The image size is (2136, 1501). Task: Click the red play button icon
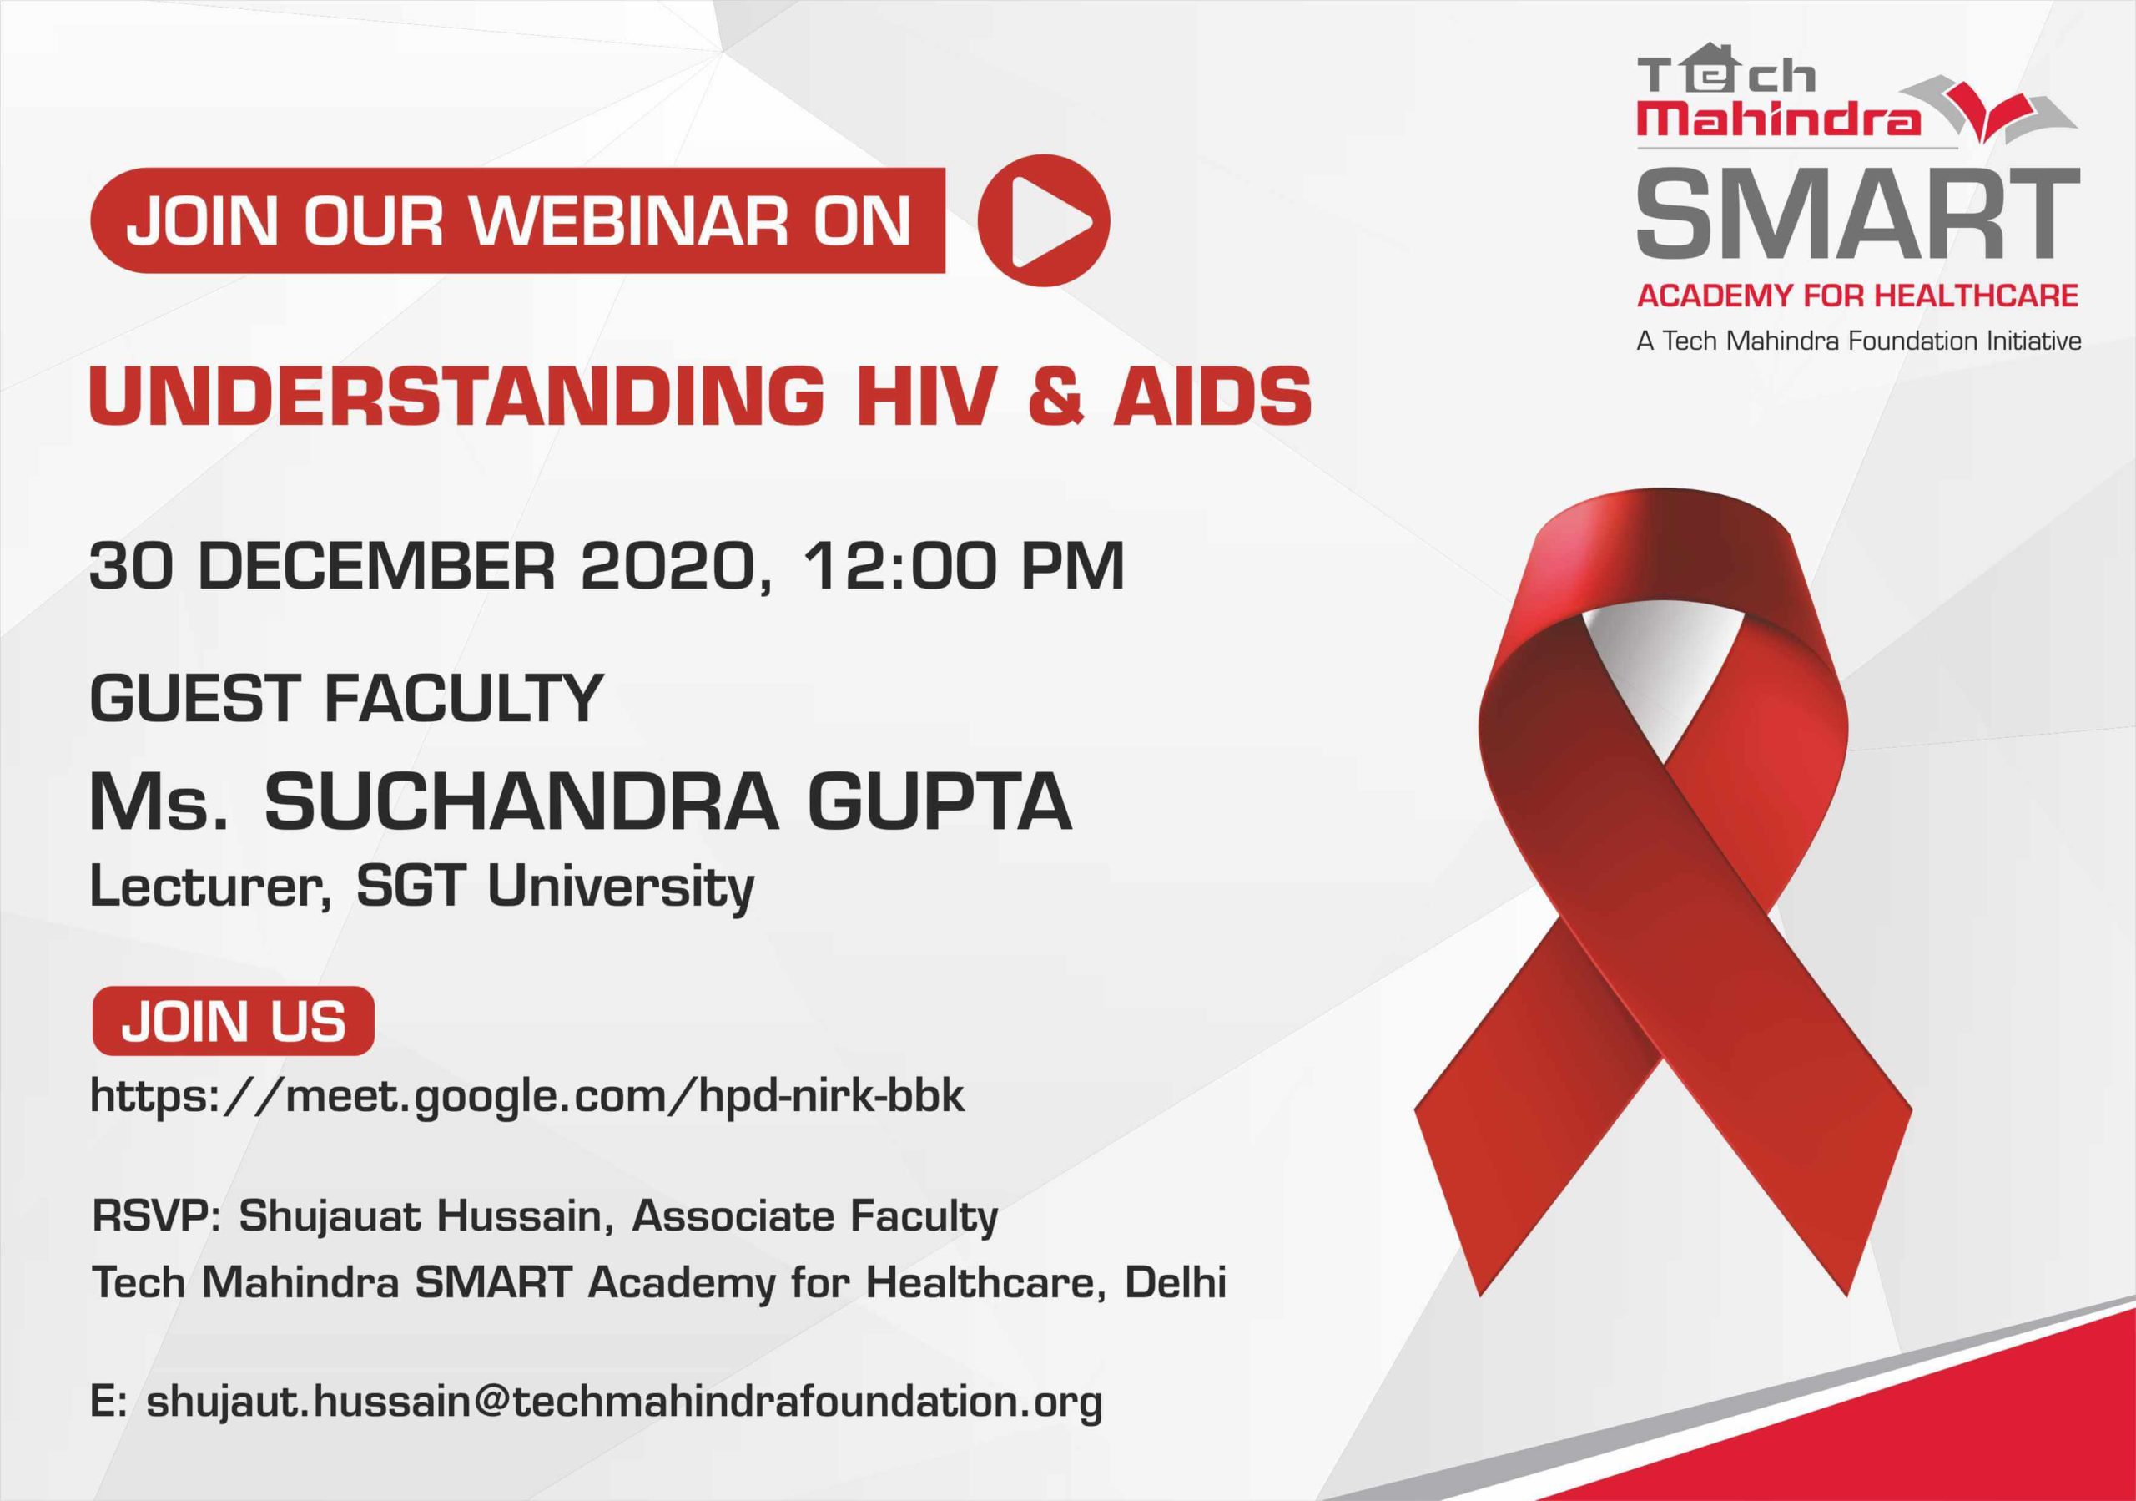point(1044,220)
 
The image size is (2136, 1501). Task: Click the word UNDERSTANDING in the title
point(456,394)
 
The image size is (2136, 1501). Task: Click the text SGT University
point(556,887)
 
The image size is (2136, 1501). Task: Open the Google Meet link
point(527,1096)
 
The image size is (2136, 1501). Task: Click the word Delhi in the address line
point(1176,1283)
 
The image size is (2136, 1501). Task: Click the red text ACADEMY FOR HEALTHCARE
point(1858,296)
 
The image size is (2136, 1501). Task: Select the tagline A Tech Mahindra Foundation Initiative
point(1859,341)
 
